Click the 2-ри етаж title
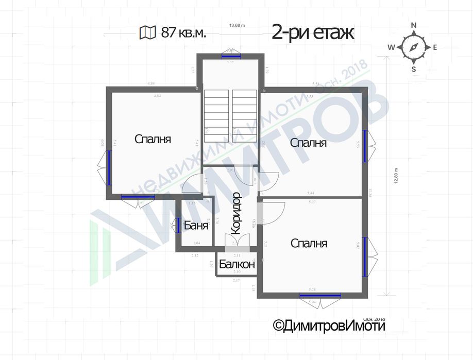(313, 33)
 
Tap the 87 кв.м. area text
(183, 33)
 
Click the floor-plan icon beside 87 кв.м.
(147, 33)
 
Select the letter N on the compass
(413, 25)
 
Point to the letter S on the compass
(413, 68)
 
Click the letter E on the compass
(435, 47)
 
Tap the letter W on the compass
(391, 47)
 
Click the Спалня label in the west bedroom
(153, 139)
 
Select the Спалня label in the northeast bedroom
(308, 143)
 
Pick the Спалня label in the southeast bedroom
(308, 243)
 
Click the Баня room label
(196, 226)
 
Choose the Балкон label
(237, 265)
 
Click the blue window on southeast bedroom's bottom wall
(320, 296)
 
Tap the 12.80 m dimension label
(396, 177)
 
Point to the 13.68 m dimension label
(237, 25)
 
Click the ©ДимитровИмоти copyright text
(329, 325)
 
